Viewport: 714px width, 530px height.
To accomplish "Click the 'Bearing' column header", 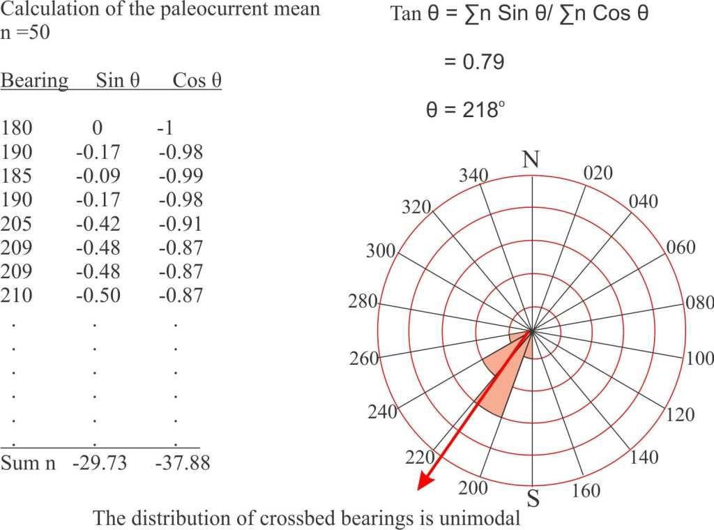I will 34,81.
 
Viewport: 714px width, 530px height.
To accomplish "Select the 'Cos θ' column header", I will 197,81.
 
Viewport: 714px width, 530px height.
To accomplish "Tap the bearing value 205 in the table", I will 17,224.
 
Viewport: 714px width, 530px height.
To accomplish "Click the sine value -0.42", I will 98,224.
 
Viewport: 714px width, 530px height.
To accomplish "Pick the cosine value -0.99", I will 180,176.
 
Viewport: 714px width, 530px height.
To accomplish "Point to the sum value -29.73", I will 100,462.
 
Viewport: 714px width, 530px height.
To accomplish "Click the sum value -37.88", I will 183,462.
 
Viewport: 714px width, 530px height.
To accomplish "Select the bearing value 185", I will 17,176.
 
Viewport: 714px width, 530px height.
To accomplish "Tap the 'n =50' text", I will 25,33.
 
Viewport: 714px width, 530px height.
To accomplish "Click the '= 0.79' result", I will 473,62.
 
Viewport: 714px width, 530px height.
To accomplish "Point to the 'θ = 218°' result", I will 464,109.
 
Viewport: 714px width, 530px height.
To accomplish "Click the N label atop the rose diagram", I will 531,160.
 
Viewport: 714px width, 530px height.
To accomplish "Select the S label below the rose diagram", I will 533,499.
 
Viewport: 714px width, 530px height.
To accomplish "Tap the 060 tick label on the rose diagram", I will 681,248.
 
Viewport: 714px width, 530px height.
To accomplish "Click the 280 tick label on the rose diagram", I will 363,303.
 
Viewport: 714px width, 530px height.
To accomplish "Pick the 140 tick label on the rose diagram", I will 644,458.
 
